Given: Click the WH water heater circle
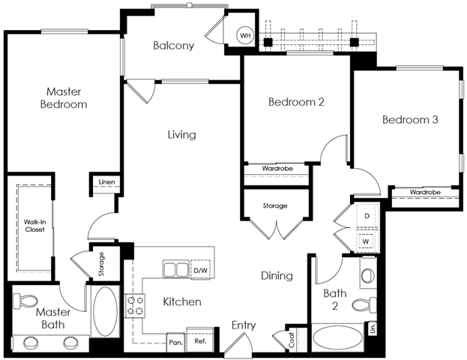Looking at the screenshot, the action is pos(245,36).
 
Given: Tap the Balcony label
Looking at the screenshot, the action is pos(174,46).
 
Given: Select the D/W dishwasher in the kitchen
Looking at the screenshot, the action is pos(200,270).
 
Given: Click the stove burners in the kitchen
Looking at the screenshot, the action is pos(135,306).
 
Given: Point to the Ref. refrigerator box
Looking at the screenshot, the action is pos(200,341).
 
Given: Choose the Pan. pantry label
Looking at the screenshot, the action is pos(175,343).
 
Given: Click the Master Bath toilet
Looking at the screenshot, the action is pos(25,300).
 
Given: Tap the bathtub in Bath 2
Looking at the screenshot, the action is pos(338,338).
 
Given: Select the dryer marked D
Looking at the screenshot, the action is pos(367,215).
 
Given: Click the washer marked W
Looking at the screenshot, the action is pos(366,241).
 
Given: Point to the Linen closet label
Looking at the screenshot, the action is pos(106,181).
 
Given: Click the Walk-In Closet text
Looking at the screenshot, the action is pos(34,226).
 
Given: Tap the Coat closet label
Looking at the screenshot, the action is pos(291,340).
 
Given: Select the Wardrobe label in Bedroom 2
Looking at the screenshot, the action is pos(277,169).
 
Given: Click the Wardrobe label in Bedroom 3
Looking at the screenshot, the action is pos(425,192).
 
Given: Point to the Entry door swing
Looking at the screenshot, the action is pos(238,343).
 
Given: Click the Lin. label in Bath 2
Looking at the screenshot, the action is pos(373,328).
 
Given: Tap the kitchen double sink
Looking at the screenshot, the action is pos(175,268).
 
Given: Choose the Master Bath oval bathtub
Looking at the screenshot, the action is pos(105,312).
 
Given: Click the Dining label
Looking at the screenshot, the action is pos(277,276).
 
